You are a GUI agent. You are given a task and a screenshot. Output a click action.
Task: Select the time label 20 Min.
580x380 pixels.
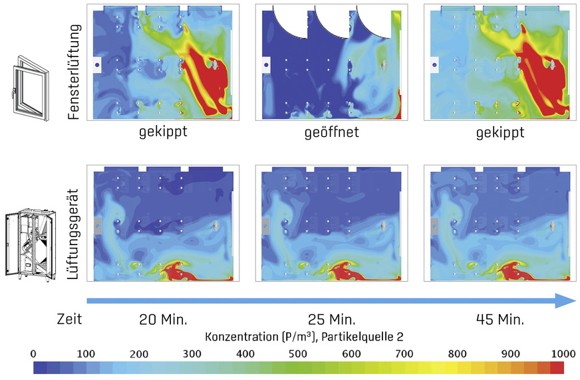click(162, 319)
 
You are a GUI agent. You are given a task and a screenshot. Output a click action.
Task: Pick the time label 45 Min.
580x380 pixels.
click(500, 319)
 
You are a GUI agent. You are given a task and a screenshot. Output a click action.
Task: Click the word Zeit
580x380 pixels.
click(69, 319)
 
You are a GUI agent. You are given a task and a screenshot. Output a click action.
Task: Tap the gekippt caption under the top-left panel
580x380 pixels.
click(162, 132)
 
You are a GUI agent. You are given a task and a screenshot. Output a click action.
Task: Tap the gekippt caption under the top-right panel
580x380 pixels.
click(500, 132)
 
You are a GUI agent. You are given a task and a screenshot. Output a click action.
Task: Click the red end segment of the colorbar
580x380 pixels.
click(557, 367)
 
